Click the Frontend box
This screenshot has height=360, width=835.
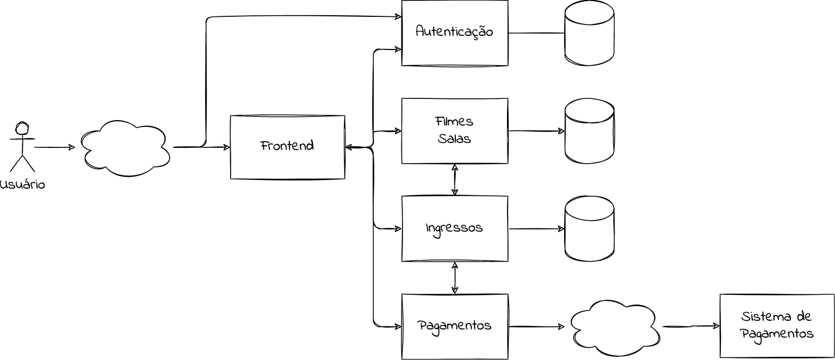click(287, 147)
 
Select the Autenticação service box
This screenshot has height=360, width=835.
click(454, 33)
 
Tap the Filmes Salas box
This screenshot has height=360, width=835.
click(454, 131)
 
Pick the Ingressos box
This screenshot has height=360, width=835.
click(454, 228)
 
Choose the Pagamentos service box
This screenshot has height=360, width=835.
click(454, 326)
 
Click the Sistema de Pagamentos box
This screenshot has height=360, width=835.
click(776, 326)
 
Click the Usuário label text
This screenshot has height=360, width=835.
click(22, 185)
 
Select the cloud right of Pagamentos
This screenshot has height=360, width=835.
click(615, 328)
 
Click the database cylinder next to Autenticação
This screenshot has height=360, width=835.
click(589, 33)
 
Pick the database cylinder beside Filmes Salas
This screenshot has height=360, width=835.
click(589, 131)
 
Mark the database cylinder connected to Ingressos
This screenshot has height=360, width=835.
click(589, 229)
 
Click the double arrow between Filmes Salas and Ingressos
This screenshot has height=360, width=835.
click(455, 179)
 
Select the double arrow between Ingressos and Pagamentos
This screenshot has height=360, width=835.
click(455, 277)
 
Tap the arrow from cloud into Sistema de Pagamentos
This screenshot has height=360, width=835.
click(691, 326)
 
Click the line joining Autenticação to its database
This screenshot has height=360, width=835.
click(536, 33)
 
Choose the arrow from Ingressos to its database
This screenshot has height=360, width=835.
click(536, 228)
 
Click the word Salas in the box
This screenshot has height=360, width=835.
click(454, 139)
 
